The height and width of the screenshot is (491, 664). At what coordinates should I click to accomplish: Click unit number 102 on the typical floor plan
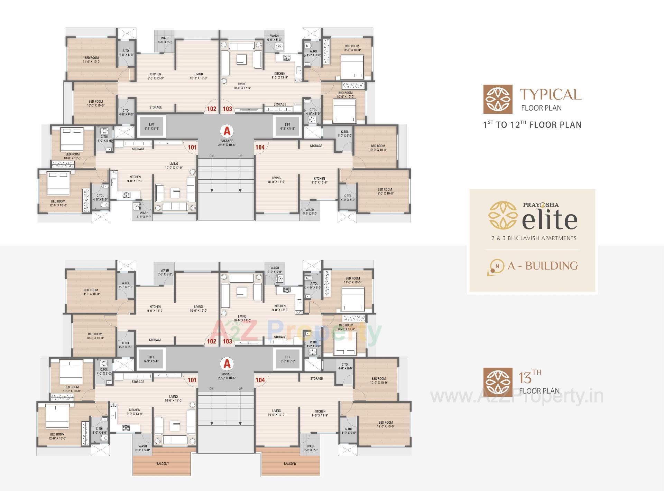click(211, 108)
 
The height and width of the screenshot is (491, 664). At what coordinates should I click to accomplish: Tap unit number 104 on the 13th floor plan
click(260, 380)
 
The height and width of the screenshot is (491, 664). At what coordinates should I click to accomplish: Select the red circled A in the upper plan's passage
click(227, 131)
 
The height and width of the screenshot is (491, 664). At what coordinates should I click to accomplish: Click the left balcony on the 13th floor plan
click(162, 464)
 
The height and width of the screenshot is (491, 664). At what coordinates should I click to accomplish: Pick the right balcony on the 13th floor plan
click(290, 464)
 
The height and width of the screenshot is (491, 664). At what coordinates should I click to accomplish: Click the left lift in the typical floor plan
click(151, 126)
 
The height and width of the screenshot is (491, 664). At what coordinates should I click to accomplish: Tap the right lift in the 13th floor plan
click(288, 359)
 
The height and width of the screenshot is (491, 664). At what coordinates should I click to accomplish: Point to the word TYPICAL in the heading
click(550, 94)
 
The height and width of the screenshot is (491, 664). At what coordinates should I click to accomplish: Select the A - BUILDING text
click(543, 266)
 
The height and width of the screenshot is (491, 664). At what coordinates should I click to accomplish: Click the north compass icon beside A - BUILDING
click(496, 267)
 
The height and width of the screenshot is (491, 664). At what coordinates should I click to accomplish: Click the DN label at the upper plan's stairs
click(211, 156)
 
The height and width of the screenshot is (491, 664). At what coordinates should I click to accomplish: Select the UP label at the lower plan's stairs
click(240, 389)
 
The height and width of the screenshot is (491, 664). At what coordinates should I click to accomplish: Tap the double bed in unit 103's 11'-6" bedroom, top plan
click(352, 67)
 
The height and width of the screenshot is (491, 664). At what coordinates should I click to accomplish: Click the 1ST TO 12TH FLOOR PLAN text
click(532, 125)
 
